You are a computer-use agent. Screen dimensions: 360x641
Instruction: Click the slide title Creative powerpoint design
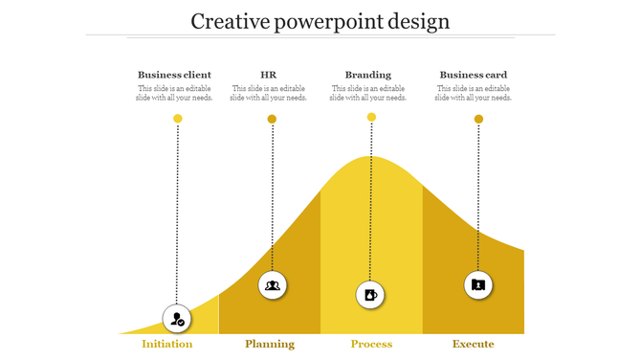pos(320,21)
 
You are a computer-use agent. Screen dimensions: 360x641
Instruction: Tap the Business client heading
pos(174,75)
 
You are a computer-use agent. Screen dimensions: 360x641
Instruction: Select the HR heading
pos(269,75)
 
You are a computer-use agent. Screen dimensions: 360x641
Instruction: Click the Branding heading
pos(368,75)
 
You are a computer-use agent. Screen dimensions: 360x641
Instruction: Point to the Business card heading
pos(473,75)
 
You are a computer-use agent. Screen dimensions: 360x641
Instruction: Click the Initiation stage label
pos(167,344)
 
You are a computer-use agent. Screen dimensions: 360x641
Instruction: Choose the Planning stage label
pos(270,344)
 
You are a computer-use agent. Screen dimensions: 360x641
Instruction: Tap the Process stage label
pos(371,344)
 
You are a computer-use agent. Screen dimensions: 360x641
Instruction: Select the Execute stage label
pos(474,344)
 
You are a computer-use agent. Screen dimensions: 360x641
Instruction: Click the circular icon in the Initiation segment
pos(177,319)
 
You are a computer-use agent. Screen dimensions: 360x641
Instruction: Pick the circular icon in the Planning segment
pos(273,284)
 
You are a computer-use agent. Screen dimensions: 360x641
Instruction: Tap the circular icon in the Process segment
pos(370,294)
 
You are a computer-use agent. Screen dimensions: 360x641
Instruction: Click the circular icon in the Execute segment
pos(478,284)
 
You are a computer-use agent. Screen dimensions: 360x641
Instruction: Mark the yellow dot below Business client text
pos(177,119)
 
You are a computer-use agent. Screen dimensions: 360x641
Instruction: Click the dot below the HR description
pos(272,120)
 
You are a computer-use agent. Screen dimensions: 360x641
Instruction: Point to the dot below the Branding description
pos(371,117)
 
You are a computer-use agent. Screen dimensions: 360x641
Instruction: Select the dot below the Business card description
pos(478,119)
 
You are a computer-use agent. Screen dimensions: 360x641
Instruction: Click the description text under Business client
pos(174,93)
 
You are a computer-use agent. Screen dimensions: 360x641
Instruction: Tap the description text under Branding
pos(368,93)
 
